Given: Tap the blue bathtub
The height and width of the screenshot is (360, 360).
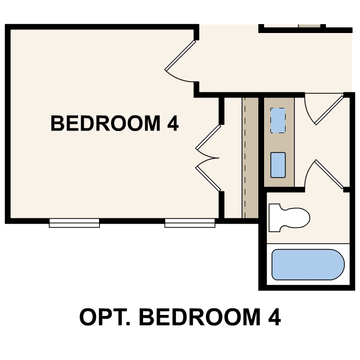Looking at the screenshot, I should pos(308,264).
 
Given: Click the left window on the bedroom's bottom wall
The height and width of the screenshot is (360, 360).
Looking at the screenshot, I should pos(74,223).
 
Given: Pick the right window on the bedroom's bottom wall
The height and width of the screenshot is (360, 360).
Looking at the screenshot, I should pos(190,223).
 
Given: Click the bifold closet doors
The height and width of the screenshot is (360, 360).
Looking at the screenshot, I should pos(209,157).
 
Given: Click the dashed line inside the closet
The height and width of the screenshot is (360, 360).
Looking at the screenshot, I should pos(244,157).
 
